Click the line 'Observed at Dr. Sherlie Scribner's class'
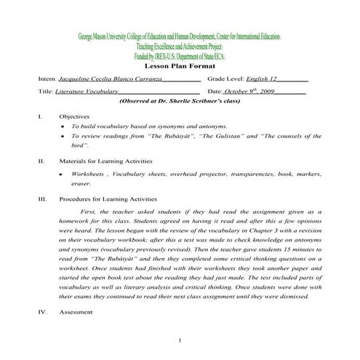coord(180,103)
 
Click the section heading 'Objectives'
coord(75,116)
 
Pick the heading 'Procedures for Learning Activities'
coord(108,198)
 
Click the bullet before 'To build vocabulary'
coord(64,127)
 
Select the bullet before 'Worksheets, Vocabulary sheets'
coord(64,175)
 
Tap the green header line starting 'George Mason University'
coord(179,36)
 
